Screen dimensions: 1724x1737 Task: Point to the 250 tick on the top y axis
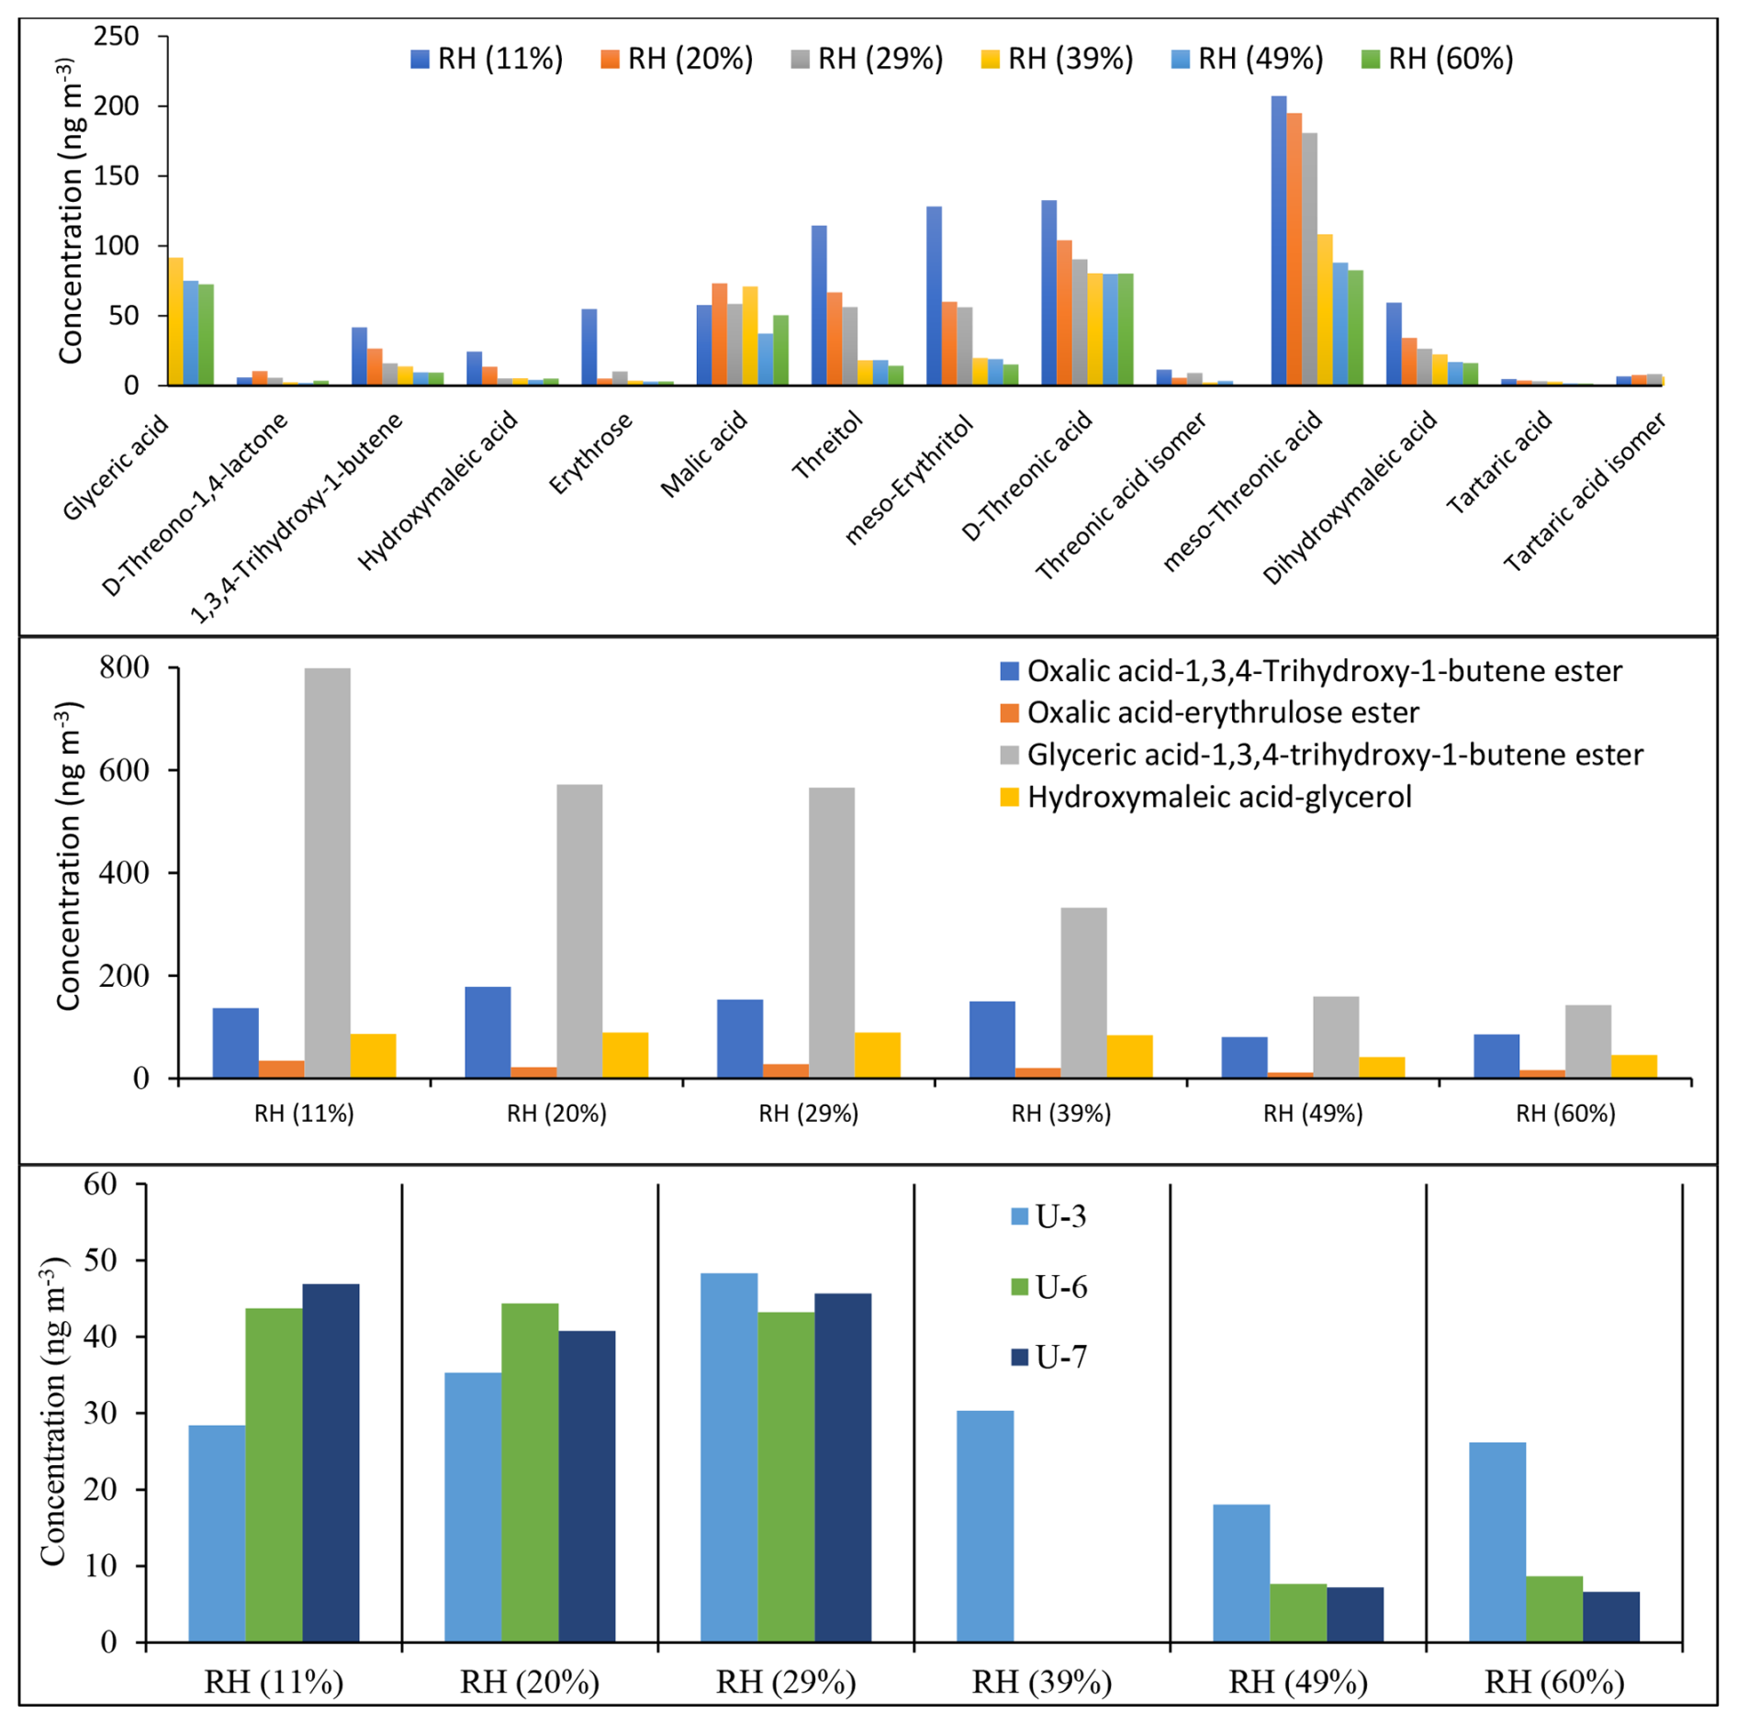(x=117, y=37)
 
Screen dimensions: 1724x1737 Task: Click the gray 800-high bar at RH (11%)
(x=327, y=872)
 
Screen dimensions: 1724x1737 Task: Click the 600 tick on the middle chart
(x=125, y=770)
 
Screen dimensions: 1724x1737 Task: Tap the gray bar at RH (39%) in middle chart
(x=1083, y=992)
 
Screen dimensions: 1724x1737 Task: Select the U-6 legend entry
(x=1048, y=1287)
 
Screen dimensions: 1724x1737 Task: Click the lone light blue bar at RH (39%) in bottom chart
(x=984, y=1526)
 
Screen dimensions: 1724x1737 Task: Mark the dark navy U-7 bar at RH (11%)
(x=331, y=1462)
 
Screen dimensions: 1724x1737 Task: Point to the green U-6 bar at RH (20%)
(x=530, y=1472)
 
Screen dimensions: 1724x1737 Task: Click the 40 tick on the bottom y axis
(x=100, y=1337)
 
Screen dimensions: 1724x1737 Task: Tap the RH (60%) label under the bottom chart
(x=1553, y=1683)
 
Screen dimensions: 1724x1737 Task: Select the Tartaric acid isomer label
(x=1584, y=492)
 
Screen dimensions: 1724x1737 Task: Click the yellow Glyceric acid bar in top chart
(x=175, y=321)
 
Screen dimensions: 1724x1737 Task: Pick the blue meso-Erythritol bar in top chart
(x=934, y=296)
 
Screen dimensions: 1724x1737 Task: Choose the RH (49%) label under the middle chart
(x=1313, y=1114)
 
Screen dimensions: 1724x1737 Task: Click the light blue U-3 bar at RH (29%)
(x=729, y=1457)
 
